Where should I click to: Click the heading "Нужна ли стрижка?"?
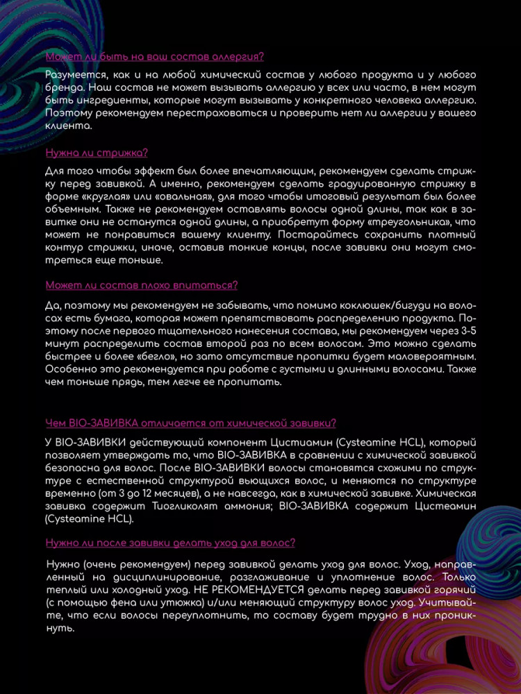[96, 153]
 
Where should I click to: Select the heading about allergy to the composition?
[154, 57]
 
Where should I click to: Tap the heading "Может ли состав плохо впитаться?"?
[142, 285]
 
